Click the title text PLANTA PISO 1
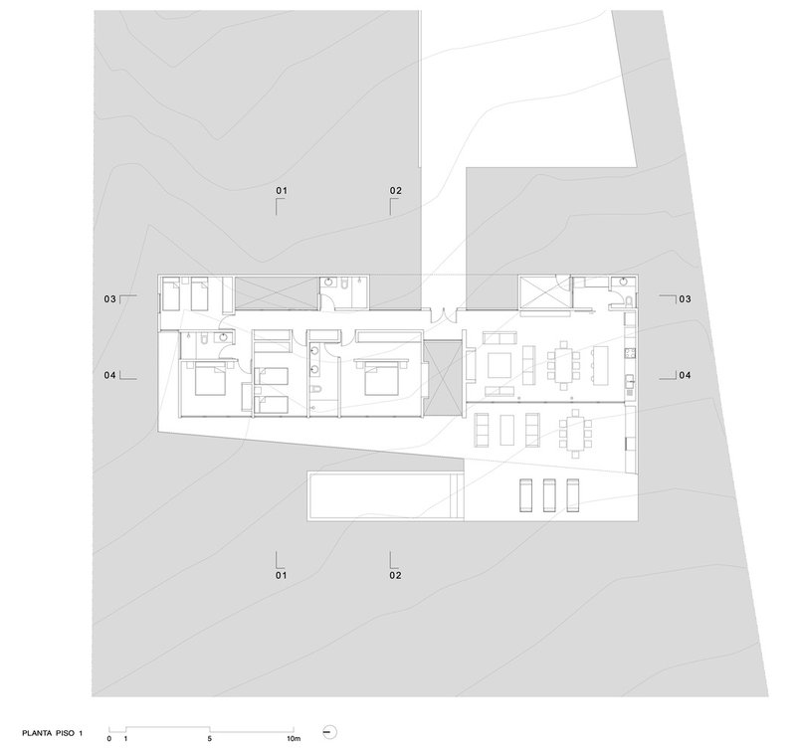(x=52, y=733)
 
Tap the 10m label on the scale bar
(x=294, y=739)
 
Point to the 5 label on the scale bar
(x=209, y=739)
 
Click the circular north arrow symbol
(x=330, y=732)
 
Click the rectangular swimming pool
(x=385, y=496)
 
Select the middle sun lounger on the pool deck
(x=549, y=495)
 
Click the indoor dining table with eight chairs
(x=563, y=365)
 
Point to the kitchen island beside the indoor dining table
(x=600, y=365)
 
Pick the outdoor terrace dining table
(x=576, y=429)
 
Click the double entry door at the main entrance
(x=444, y=314)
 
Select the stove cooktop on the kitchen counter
(x=631, y=352)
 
